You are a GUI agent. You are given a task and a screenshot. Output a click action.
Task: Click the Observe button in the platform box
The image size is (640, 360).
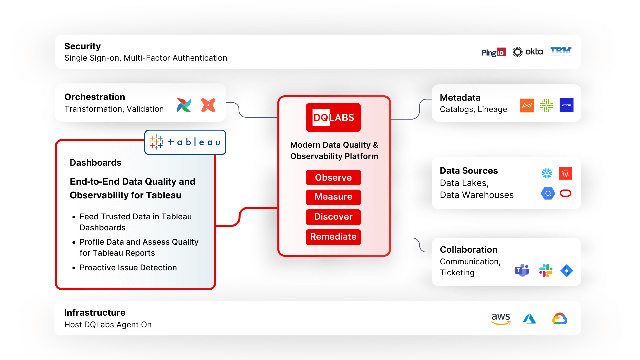click(x=333, y=177)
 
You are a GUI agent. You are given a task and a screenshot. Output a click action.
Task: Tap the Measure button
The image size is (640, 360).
click(x=333, y=197)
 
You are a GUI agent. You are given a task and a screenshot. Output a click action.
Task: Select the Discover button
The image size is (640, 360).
click(x=333, y=217)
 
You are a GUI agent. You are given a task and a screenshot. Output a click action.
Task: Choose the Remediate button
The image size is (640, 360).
click(x=333, y=237)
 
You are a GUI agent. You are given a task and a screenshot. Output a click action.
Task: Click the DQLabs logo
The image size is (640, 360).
click(x=333, y=117)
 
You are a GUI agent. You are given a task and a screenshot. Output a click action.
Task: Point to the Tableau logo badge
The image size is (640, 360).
click(x=185, y=142)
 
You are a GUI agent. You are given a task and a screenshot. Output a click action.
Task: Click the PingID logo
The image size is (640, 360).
click(x=494, y=52)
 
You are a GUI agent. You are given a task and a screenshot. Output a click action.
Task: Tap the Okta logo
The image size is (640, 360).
click(x=528, y=52)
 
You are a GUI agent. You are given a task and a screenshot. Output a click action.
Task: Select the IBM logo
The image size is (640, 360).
click(x=561, y=51)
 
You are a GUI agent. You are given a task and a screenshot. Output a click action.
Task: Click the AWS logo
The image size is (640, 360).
click(x=501, y=318)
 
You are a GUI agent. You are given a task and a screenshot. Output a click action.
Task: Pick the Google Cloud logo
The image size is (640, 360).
click(x=560, y=319)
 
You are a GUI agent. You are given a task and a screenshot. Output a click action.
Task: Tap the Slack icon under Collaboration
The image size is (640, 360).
click(x=546, y=270)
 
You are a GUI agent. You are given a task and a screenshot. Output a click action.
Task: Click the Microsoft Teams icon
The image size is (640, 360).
click(x=522, y=270)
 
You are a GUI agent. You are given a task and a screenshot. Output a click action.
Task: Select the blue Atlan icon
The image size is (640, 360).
click(x=566, y=105)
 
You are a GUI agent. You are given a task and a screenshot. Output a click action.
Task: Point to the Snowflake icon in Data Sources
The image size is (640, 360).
click(x=547, y=173)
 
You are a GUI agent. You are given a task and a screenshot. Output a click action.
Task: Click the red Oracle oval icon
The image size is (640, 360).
click(x=566, y=193)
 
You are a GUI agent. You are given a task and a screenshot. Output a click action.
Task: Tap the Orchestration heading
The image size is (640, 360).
click(x=95, y=97)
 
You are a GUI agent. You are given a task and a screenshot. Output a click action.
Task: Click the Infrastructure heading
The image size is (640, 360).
click(x=95, y=313)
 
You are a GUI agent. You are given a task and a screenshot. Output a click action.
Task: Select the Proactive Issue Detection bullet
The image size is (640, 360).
click(x=128, y=268)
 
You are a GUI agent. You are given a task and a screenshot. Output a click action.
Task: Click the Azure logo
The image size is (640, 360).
click(x=529, y=319)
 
